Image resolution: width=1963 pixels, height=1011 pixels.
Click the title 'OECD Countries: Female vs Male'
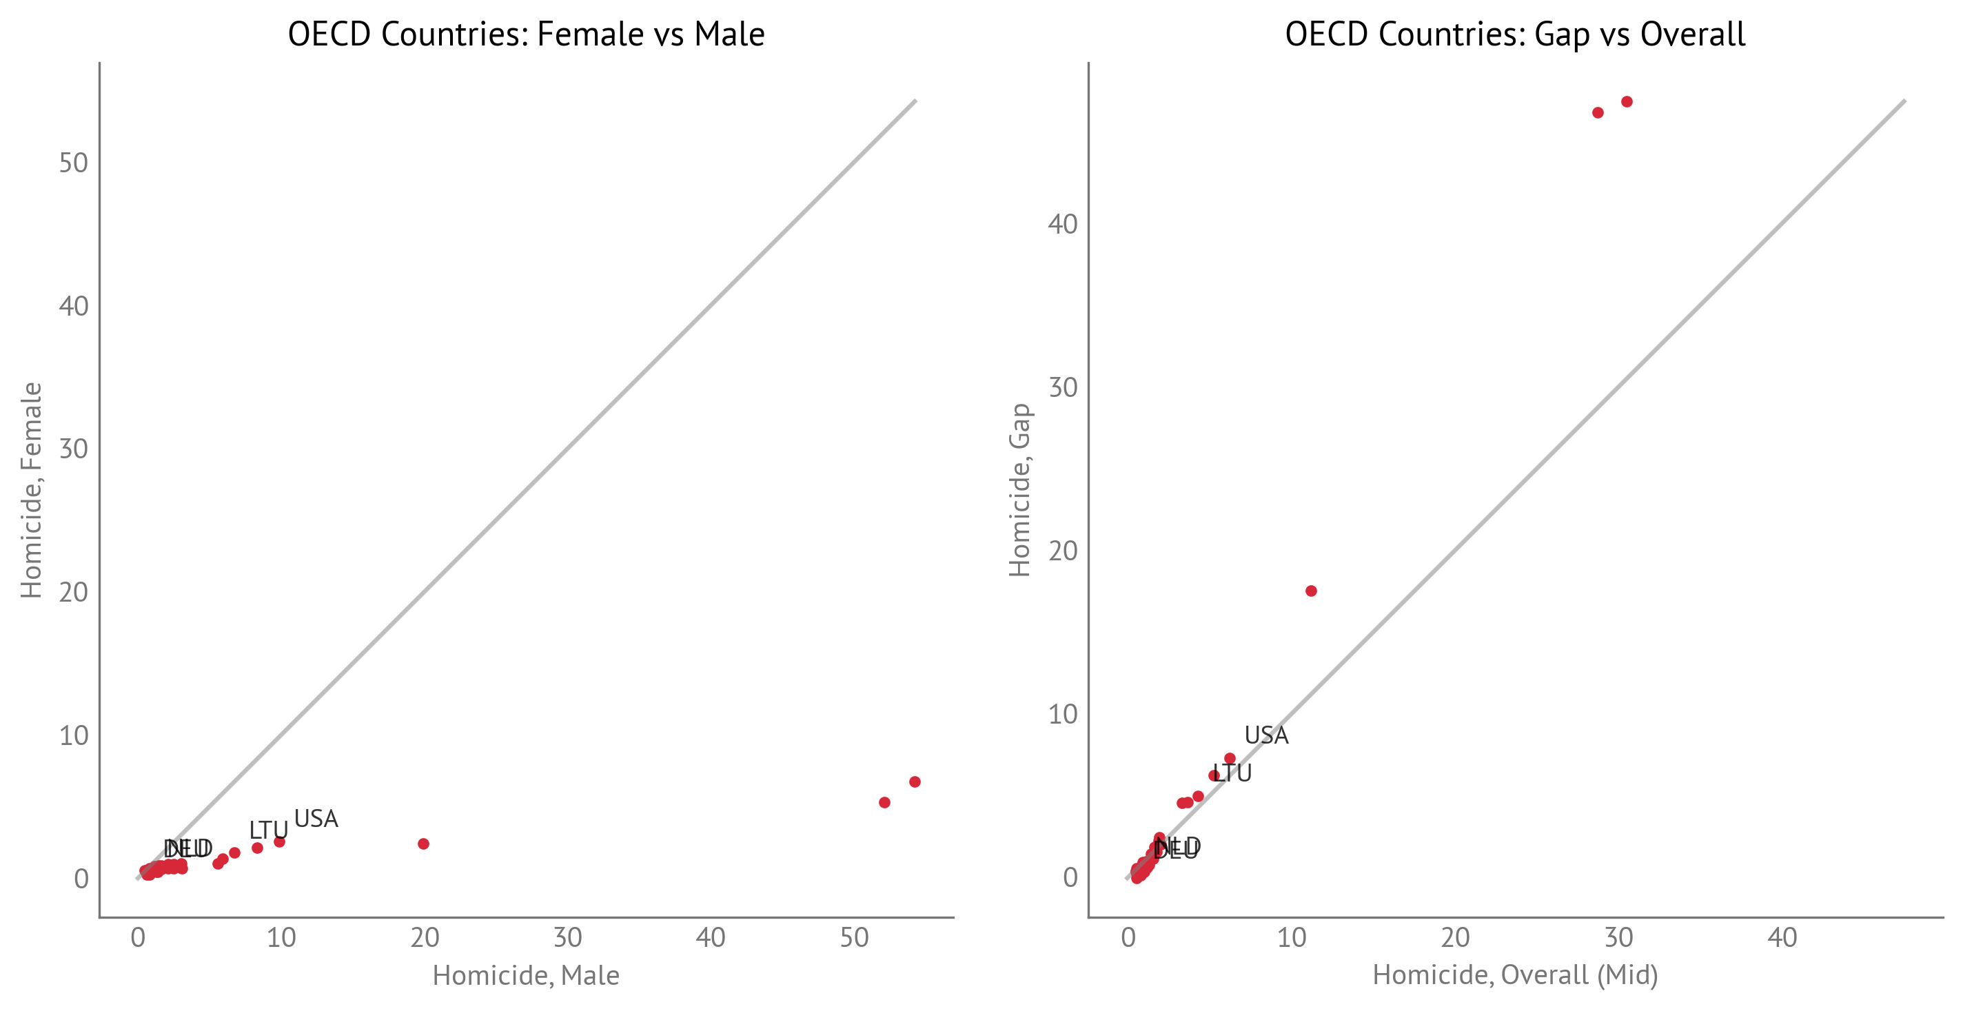[526, 34]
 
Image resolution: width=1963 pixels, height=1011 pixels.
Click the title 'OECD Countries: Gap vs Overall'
[1515, 34]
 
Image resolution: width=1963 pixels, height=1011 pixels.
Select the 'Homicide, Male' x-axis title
[526, 975]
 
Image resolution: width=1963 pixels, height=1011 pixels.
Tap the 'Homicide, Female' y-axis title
[31, 490]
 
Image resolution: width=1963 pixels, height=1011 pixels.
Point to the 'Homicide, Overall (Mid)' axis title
[1515, 975]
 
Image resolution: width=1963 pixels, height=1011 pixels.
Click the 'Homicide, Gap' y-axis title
[1019, 490]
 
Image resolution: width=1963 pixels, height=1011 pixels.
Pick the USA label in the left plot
[316, 819]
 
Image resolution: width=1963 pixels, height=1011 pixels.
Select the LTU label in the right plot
[1232, 773]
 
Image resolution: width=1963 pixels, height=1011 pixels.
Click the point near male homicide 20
[424, 844]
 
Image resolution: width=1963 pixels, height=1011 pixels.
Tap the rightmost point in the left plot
[915, 782]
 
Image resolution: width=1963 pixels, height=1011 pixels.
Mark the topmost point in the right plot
[1626, 102]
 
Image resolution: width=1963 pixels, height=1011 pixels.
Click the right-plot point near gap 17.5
[1311, 591]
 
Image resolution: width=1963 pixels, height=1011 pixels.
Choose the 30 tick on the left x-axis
[568, 938]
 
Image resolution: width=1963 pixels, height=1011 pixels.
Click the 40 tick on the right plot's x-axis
[1782, 938]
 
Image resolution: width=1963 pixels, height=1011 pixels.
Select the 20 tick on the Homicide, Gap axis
[1063, 551]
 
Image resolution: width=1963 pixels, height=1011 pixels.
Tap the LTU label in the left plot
[268, 830]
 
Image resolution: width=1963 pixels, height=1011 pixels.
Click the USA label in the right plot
[1265, 735]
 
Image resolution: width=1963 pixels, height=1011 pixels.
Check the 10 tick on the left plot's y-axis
[74, 736]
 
